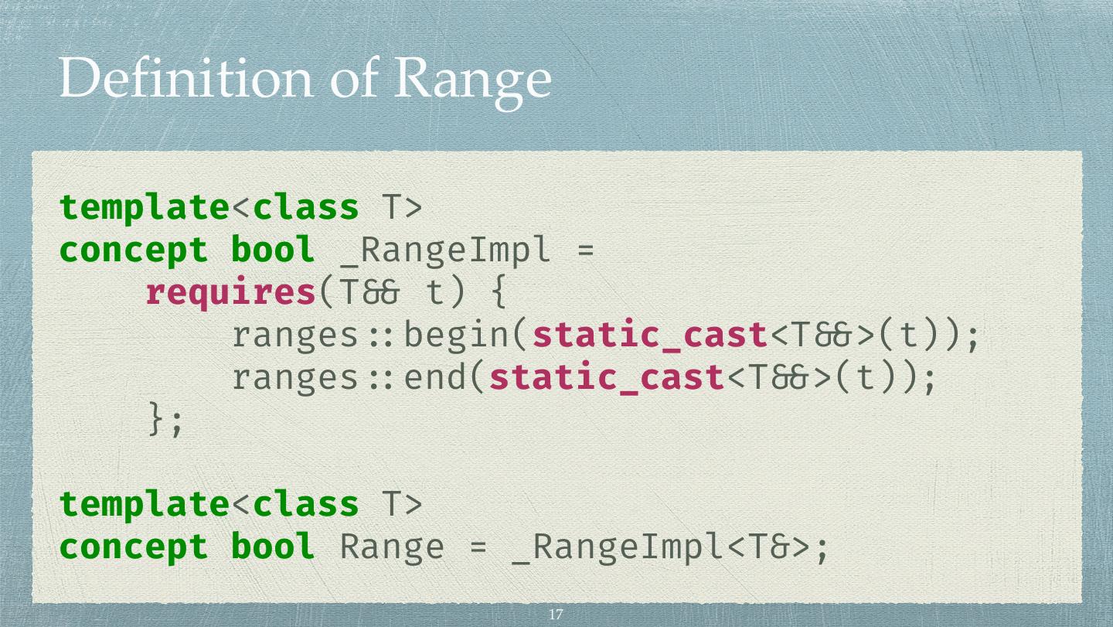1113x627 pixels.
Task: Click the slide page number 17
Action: point(555,615)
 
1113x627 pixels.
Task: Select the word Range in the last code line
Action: point(393,547)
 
